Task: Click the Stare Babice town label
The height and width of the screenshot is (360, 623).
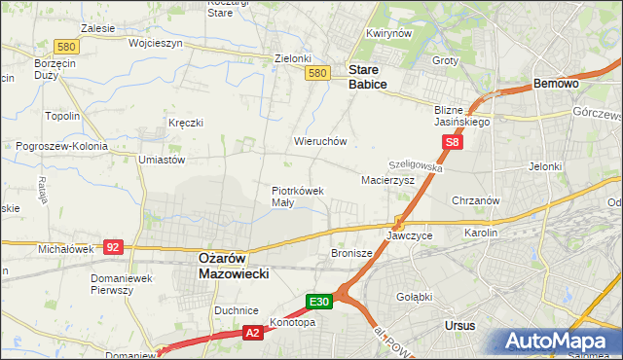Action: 368,77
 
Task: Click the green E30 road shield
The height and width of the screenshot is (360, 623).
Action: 321,302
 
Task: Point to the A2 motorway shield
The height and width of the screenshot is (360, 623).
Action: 252,333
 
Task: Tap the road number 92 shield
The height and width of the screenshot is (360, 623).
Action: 112,247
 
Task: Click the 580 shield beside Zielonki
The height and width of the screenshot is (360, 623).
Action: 316,73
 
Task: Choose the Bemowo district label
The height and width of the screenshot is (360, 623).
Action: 557,85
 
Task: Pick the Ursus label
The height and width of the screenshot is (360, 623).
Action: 458,325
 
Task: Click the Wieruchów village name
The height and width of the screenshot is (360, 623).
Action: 320,141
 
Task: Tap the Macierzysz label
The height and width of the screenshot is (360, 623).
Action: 387,181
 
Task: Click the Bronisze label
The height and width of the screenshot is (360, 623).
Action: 351,253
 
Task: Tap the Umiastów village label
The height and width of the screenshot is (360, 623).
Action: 162,159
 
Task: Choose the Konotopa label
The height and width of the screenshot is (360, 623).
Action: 294,323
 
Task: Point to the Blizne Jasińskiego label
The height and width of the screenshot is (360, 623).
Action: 461,116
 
